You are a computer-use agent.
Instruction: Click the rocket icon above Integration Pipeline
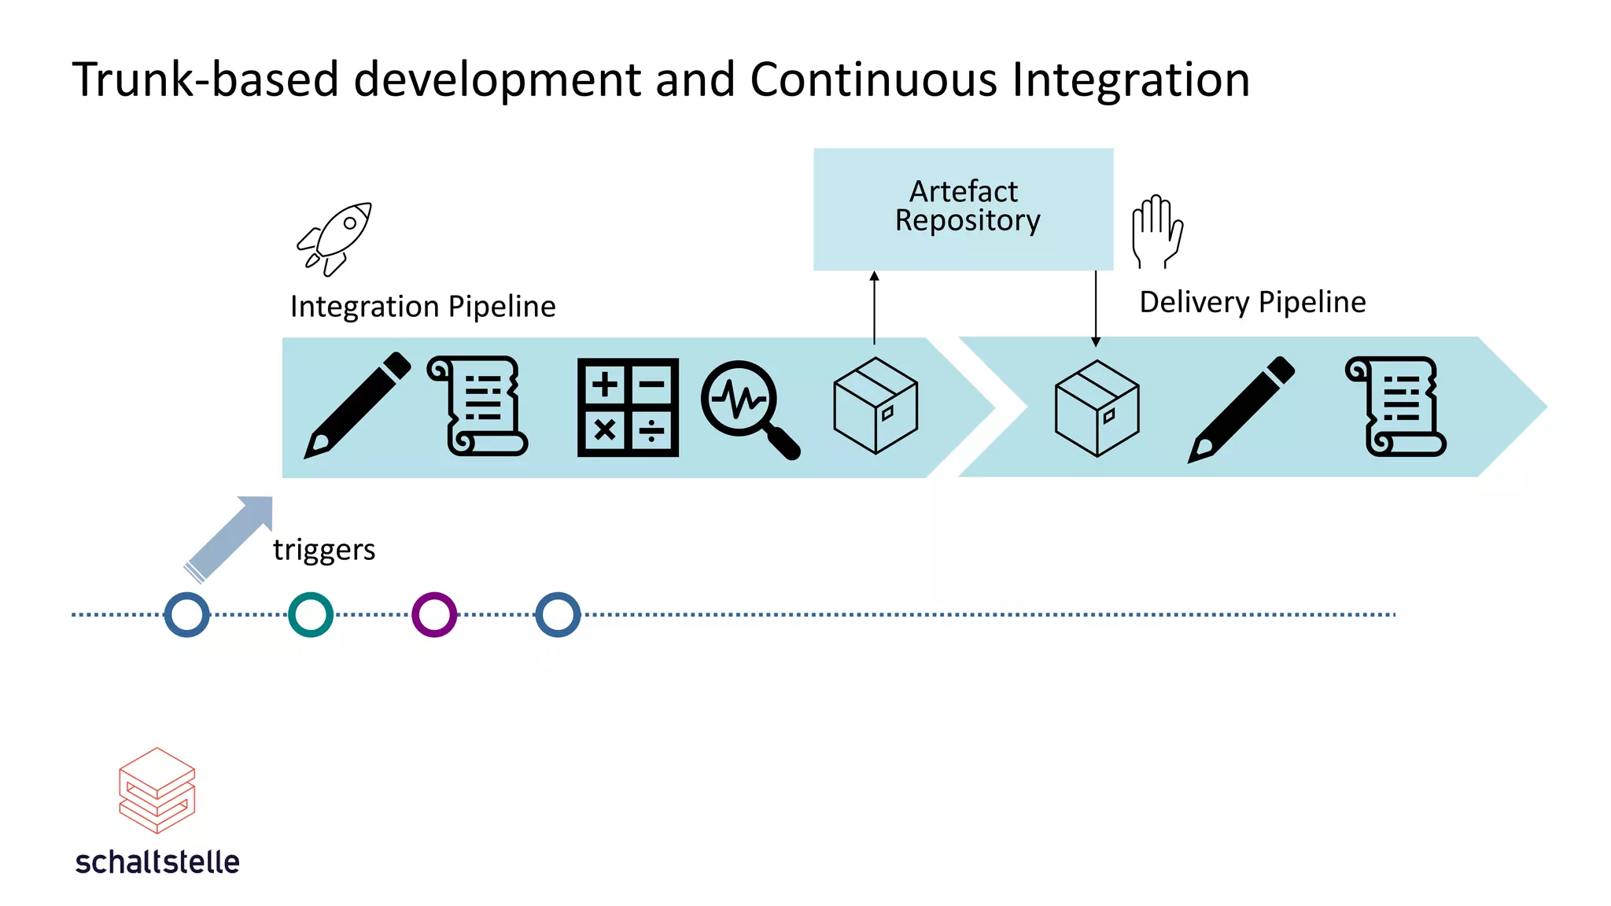pyautogui.click(x=334, y=239)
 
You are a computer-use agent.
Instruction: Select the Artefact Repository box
pyautogui.click(x=963, y=208)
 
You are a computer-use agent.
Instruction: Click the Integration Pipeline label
pyautogui.click(x=422, y=307)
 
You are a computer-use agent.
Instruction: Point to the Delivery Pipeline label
pyautogui.click(x=1252, y=303)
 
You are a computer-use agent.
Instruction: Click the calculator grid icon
pyautogui.click(x=628, y=407)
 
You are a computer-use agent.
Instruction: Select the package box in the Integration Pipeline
pyautogui.click(x=875, y=406)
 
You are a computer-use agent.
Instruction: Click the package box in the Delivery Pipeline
pyautogui.click(x=1097, y=408)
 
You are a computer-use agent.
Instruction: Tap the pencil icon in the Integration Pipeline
pyautogui.click(x=357, y=406)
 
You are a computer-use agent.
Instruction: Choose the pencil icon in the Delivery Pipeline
pyautogui.click(x=1241, y=410)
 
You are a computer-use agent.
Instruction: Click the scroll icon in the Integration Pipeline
pyautogui.click(x=477, y=406)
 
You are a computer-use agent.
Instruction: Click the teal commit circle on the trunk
pyautogui.click(x=311, y=614)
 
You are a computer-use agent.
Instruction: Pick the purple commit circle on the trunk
pyautogui.click(x=434, y=614)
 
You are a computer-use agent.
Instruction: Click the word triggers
pyautogui.click(x=324, y=550)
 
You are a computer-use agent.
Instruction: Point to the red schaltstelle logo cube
pyautogui.click(x=157, y=790)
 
